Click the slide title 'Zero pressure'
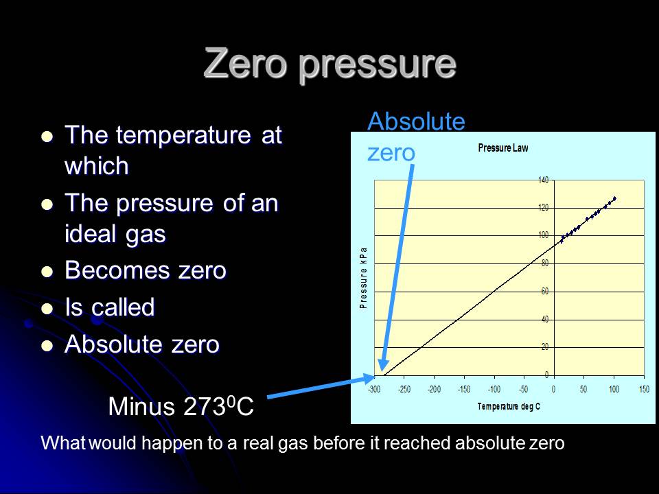pyautogui.click(x=329, y=64)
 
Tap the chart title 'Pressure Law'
pyautogui.click(x=502, y=148)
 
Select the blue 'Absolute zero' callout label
pyautogui.click(x=416, y=137)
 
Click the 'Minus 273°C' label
pyautogui.click(x=181, y=407)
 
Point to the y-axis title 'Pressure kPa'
pyautogui.click(x=364, y=277)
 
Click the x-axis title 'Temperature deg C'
pyautogui.click(x=509, y=407)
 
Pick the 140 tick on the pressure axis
pyautogui.click(x=543, y=180)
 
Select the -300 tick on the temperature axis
pyautogui.click(x=374, y=390)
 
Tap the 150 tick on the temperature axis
pyautogui.click(x=643, y=390)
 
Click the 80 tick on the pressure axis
pyautogui.click(x=544, y=263)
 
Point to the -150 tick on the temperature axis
pyautogui.click(x=463, y=390)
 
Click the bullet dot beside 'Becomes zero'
pyautogui.click(x=47, y=272)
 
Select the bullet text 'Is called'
pyautogui.click(x=109, y=307)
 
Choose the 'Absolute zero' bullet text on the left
pyautogui.click(x=141, y=344)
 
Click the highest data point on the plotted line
pyautogui.click(x=614, y=198)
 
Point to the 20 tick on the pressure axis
pyautogui.click(x=544, y=347)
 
